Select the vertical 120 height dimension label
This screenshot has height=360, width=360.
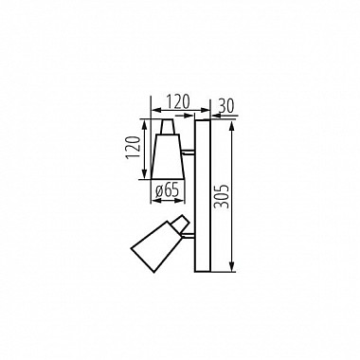point(133,149)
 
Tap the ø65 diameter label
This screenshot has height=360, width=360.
point(168,189)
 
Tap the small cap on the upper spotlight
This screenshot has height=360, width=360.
point(168,126)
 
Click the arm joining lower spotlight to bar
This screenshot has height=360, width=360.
point(189,233)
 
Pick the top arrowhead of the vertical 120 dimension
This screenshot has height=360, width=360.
point(144,120)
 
